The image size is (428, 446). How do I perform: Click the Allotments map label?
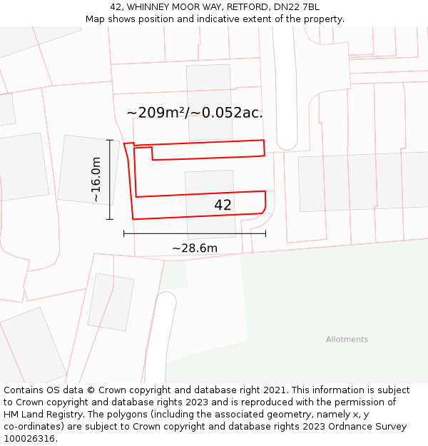347,340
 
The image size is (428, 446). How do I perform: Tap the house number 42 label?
223,205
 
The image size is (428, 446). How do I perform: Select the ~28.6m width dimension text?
194,248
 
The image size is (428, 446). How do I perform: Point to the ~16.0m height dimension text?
96,180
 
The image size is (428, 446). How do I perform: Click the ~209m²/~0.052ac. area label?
195,113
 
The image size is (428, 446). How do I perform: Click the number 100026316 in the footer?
31,439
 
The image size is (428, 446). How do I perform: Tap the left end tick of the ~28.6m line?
124,233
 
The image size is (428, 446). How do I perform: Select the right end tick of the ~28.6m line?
265,233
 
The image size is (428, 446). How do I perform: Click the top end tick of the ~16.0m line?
110,140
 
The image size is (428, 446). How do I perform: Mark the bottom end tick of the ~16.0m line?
110,219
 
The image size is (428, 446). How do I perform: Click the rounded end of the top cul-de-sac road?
287,141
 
